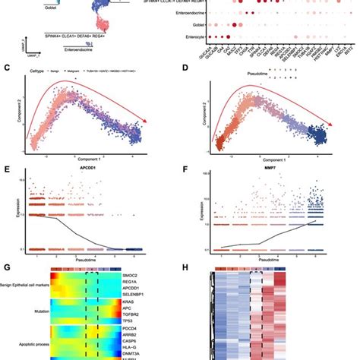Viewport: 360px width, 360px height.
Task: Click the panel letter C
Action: [7, 68]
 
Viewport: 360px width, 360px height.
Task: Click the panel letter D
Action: [185, 68]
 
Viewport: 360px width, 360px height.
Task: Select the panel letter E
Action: [7, 163]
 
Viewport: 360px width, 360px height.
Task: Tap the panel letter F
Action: [185, 163]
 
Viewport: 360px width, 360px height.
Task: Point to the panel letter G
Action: [7, 265]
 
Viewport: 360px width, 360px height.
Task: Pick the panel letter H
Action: [185, 265]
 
